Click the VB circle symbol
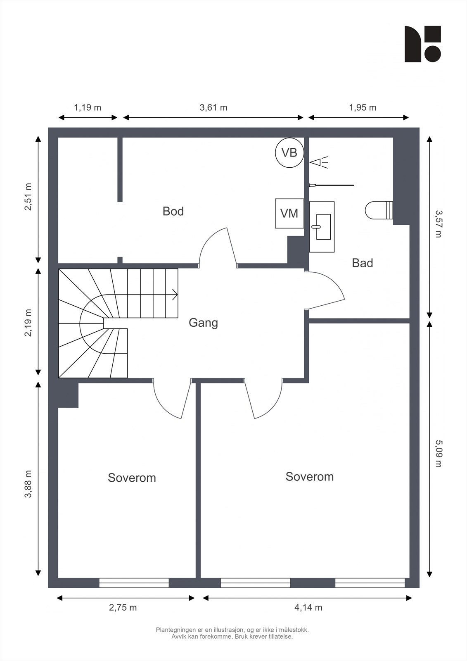click(289, 153)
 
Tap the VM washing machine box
click(289, 213)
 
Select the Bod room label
click(173, 211)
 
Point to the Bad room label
click(362, 263)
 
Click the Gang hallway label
click(203, 323)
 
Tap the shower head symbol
click(319, 162)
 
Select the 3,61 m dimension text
click(213, 108)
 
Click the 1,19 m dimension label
click(87, 108)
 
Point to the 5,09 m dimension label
click(439, 454)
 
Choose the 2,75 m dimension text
click(123, 608)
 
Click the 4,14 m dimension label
click(308, 608)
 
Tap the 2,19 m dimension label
click(28, 323)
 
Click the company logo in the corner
click(423, 44)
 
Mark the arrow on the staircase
click(175, 295)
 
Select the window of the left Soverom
click(134, 583)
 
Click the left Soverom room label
click(132, 478)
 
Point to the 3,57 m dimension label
click(439, 224)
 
